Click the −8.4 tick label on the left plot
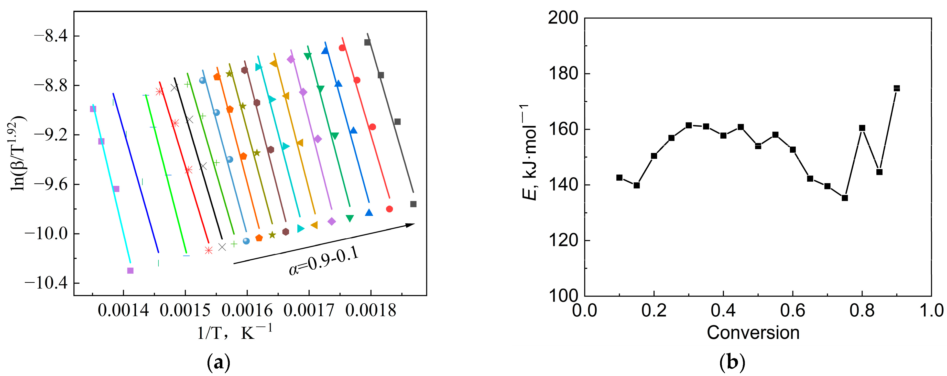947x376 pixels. coord(51,36)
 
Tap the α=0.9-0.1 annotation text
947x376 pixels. coord(323,261)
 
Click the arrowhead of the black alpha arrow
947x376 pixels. coord(410,225)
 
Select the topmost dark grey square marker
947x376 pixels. coord(367,42)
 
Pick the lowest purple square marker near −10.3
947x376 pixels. coord(130,271)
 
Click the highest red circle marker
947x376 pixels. coord(342,48)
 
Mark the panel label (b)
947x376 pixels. coord(732,362)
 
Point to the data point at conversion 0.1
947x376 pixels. coord(619,178)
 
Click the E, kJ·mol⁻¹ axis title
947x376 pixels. coord(529,152)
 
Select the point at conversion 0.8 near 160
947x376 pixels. coord(862,128)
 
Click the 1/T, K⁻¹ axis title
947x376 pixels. coord(235,333)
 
